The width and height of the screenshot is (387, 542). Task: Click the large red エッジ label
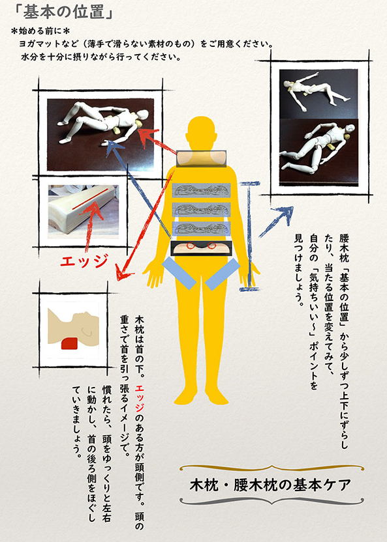tap(83, 261)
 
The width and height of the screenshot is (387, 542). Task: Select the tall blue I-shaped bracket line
tap(248, 235)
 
